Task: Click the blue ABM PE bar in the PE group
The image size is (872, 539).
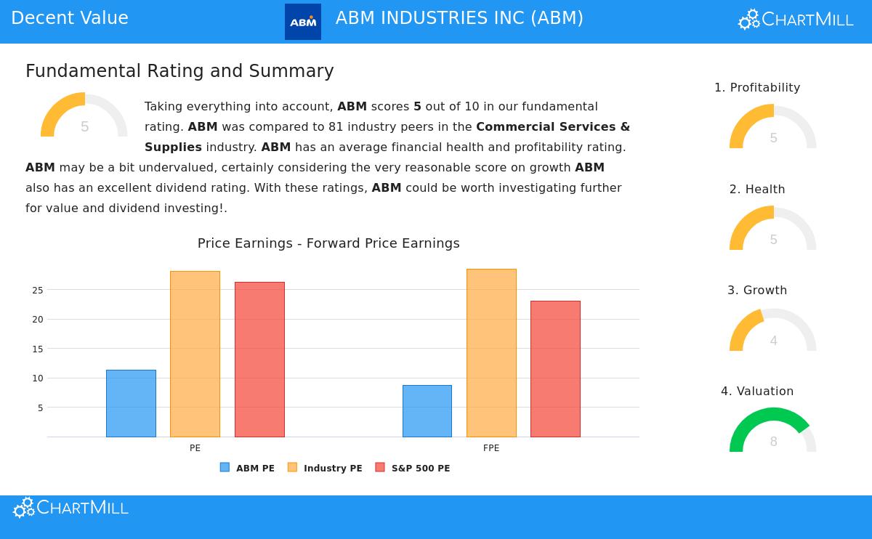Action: coord(131,403)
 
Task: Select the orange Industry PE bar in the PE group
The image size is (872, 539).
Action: coord(195,354)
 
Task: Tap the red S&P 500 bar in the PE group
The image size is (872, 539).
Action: coord(259,360)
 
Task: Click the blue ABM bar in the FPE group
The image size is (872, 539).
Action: coord(427,411)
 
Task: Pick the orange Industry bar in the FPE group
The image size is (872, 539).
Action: coord(491,353)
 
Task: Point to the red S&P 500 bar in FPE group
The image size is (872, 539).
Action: coord(555,369)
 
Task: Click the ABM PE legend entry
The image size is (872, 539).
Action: coord(247,469)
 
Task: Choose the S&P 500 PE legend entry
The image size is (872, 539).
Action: coord(413,469)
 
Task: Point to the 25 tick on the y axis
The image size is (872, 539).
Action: coord(37,291)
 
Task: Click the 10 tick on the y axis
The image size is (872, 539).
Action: coord(37,378)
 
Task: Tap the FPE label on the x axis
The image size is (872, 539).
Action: coord(491,448)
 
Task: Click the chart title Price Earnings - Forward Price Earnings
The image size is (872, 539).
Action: coord(328,243)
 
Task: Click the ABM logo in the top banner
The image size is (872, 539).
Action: coord(303,22)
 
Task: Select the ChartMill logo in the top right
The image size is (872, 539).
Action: coord(796,20)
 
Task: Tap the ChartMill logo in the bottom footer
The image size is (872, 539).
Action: coord(70,508)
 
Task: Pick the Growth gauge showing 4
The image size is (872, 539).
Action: coord(772,331)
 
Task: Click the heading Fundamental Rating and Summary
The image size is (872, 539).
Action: coord(179,71)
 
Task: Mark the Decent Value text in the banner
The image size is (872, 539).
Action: coord(70,19)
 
